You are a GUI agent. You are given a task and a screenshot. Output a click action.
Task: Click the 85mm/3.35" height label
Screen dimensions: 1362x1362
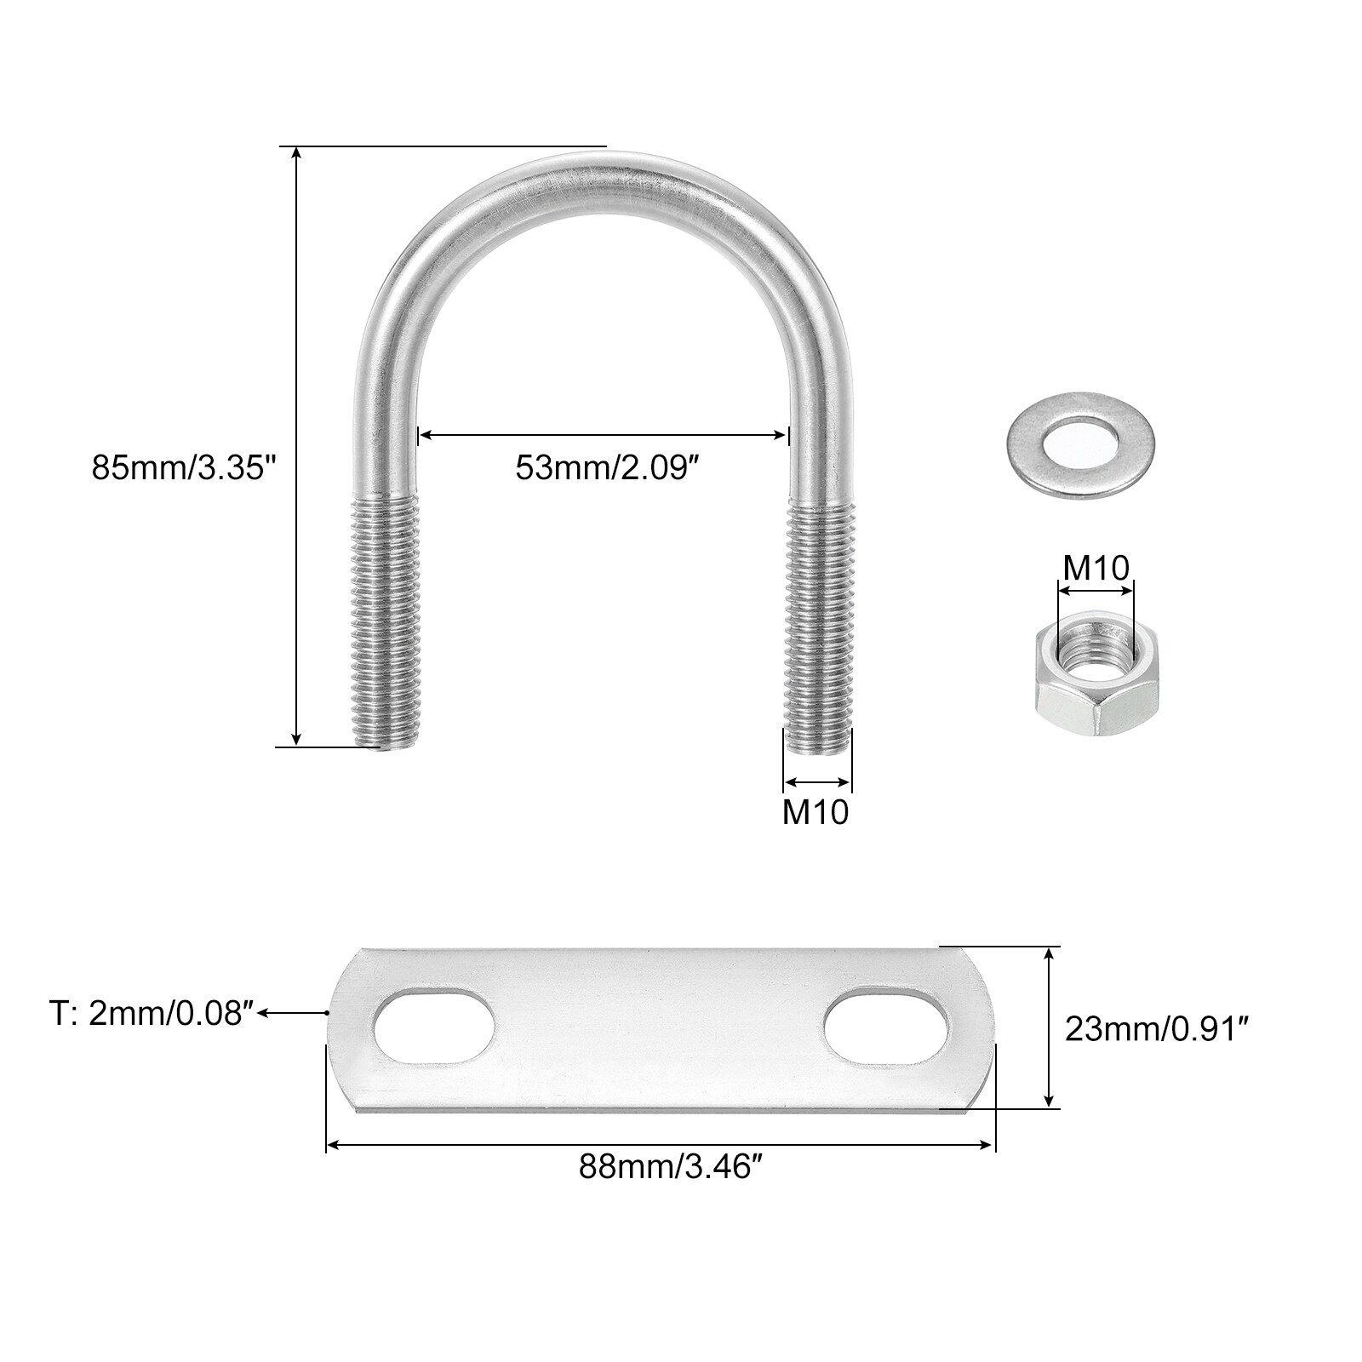[x=186, y=468]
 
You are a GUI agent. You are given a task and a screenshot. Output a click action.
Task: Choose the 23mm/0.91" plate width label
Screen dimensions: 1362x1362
[x=1157, y=1031]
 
